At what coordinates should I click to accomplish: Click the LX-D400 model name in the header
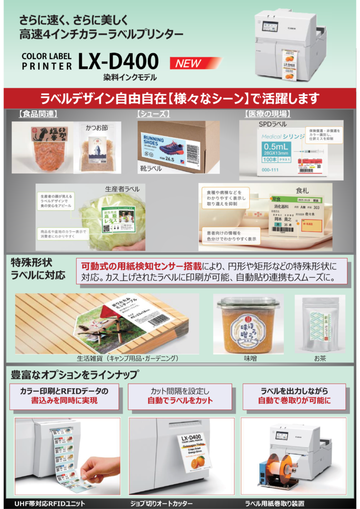pos(118,62)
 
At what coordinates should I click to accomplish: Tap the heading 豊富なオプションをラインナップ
pos(75,374)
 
